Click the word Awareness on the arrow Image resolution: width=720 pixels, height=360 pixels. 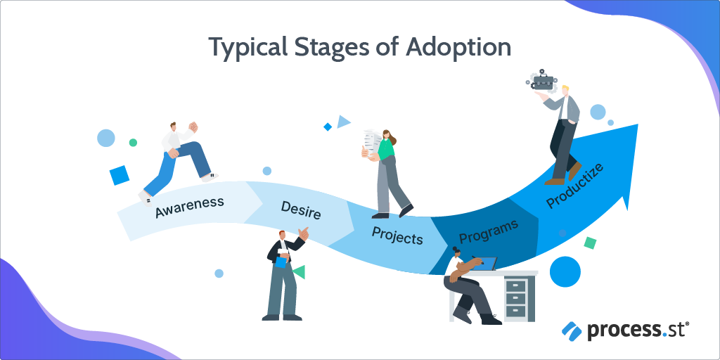[x=190, y=207]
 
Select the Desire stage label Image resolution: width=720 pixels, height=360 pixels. [x=301, y=210]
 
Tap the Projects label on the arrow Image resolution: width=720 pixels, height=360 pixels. [x=397, y=235]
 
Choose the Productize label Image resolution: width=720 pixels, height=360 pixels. [x=574, y=186]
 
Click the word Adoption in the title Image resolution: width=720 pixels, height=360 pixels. [x=458, y=47]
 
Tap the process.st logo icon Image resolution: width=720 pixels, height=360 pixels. [x=572, y=330]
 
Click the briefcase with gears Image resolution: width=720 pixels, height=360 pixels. [x=542, y=82]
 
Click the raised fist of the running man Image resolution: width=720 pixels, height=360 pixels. [x=193, y=127]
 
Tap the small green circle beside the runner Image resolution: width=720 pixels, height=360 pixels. [x=133, y=142]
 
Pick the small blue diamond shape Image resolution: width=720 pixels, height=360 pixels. [x=328, y=127]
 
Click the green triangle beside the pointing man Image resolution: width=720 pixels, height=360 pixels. [x=299, y=272]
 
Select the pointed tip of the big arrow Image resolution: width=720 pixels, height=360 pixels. [x=638, y=124]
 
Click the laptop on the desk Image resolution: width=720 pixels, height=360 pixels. [x=488, y=264]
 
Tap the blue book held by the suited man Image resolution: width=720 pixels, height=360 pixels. [x=281, y=262]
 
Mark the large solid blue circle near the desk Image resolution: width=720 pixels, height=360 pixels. [x=565, y=272]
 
